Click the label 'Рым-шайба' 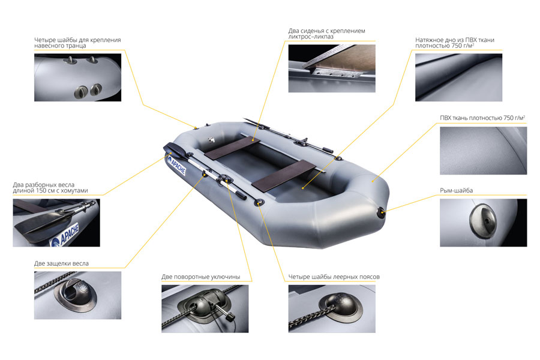click(456, 191)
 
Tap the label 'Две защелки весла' click(61, 263)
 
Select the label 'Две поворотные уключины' click(201, 277)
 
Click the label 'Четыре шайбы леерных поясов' click(334, 277)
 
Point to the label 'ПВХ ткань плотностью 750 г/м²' click(482, 118)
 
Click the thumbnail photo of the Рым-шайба click(483, 223)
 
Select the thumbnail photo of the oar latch click(77, 295)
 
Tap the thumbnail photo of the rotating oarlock click(205, 308)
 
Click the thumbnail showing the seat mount click(332, 68)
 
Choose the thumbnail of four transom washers click(77, 77)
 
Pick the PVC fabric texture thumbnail click(483, 151)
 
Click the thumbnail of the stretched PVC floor click(458, 77)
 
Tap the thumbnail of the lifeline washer click(332, 308)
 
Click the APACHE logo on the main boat click(176, 166)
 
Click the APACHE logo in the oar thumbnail click(65, 236)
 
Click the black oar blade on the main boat click(175, 149)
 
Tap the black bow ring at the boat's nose click(382, 212)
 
